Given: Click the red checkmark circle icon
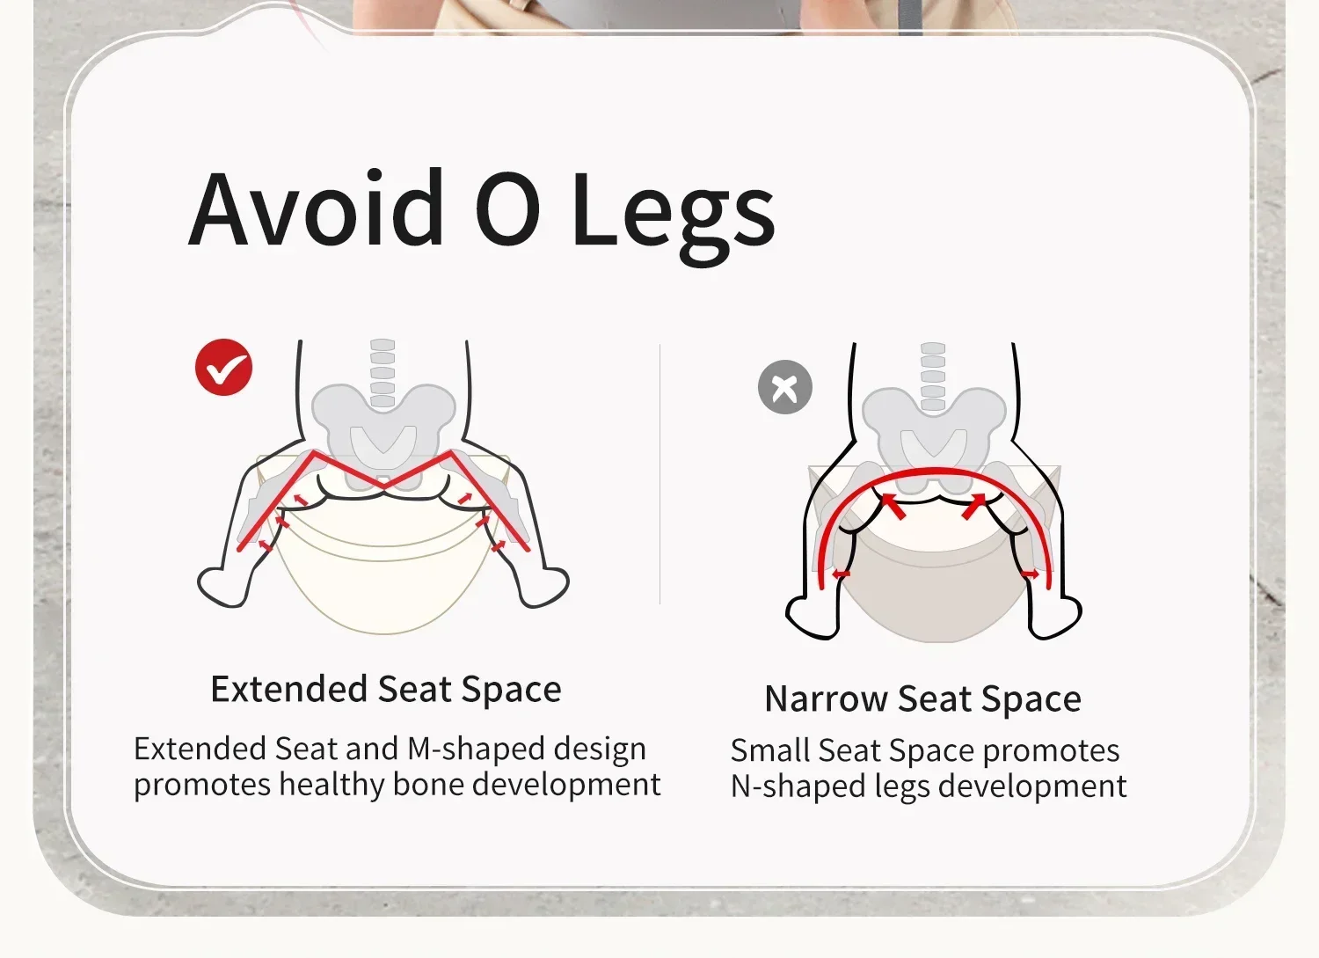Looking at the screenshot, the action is tap(223, 367).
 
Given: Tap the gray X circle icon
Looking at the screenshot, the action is tap(785, 387).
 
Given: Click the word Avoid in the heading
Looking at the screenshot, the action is tap(316, 207).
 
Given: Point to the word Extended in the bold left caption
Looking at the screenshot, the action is tap(289, 689).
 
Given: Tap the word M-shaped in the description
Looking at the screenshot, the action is tap(476, 749).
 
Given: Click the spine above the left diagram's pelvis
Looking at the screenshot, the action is tap(383, 372).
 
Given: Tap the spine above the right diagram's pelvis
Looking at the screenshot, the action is tap(933, 376).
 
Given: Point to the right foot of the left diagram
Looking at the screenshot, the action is tap(544, 586).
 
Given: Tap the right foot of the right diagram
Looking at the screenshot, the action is tap(1056, 617).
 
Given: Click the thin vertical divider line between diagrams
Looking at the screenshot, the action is tap(660, 474).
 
